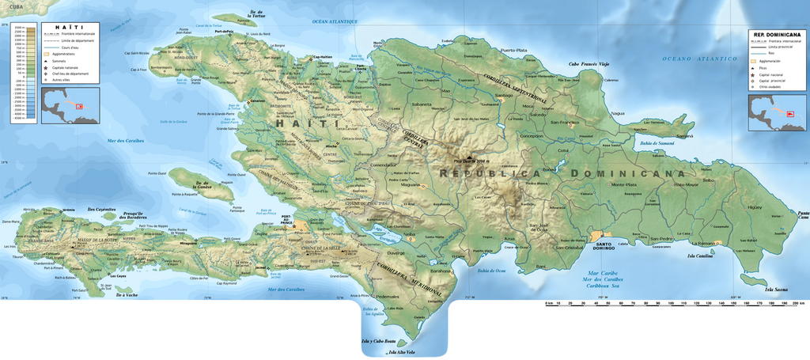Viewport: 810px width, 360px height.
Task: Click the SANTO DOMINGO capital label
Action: [605, 244]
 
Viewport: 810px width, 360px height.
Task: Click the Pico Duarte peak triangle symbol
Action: [474, 156]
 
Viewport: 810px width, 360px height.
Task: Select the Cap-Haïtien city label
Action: [323, 57]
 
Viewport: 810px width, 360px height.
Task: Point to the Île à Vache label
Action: [127, 295]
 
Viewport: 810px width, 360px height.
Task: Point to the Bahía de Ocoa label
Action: [490, 271]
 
